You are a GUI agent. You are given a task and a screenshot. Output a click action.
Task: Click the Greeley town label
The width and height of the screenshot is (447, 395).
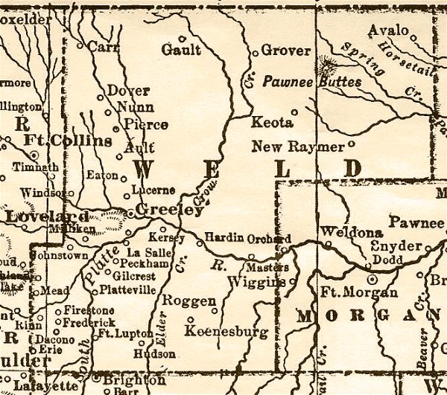pyautogui.click(x=169, y=211)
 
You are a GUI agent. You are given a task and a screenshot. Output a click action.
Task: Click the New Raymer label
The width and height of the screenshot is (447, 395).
pyautogui.click(x=297, y=146)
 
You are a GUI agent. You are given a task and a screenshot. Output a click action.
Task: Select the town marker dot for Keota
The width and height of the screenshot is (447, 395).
pyautogui.click(x=294, y=113)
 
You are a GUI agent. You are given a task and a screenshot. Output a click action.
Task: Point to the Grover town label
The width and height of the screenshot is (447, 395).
pyautogui.click(x=285, y=51)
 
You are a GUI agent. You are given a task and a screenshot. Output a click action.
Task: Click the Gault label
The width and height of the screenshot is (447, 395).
pyautogui.click(x=181, y=50)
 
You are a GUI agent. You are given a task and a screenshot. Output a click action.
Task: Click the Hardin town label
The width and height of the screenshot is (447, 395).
pyautogui.click(x=223, y=237)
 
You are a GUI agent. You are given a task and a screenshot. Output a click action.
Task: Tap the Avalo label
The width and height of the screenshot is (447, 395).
pyautogui.click(x=388, y=30)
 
